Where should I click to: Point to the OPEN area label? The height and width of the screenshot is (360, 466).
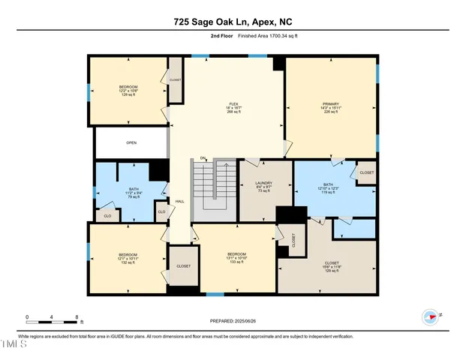click(x=131, y=142)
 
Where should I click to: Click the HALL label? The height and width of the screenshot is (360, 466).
click(x=179, y=201)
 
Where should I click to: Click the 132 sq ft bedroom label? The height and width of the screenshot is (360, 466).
click(x=127, y=258)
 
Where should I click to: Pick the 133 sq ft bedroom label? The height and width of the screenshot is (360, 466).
click(x=236, y=258)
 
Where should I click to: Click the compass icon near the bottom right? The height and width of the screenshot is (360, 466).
click(x=431, y=316)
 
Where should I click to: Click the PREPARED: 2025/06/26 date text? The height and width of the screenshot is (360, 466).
click(x=233, y=321)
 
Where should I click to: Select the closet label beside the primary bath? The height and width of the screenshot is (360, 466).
click(x=366, y=172)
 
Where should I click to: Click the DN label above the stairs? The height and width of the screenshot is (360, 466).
click(x=203, y=158)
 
